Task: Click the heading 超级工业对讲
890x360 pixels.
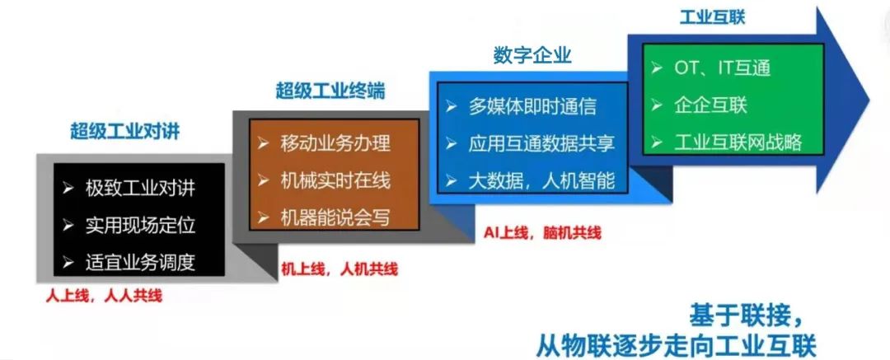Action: coord(125,131)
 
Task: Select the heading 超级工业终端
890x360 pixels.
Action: coord(330,91)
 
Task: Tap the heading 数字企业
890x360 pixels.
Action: coord(532,56)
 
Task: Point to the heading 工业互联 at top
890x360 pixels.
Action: coord(712,17)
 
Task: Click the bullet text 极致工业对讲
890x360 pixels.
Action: coord(140,188)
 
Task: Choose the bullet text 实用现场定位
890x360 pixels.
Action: coord(140,225)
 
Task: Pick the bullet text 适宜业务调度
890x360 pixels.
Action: coord(140,262)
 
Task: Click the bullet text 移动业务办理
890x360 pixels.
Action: coord(335,143)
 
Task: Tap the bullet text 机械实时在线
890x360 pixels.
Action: coord(335,180)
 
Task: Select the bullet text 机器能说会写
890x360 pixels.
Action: coord(335,217)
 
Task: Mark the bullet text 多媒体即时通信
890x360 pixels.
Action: coord(532,106)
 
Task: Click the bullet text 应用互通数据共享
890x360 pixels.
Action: coord(541,143)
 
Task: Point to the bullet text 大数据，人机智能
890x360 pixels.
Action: coord(541,180)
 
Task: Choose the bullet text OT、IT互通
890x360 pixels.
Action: coord(722,68)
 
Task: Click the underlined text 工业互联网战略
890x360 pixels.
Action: coord(738,142)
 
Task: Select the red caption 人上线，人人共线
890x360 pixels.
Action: coord(104,297)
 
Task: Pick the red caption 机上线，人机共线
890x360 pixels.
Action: coord(340,269)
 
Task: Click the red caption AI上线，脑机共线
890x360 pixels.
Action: coord(542,232)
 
